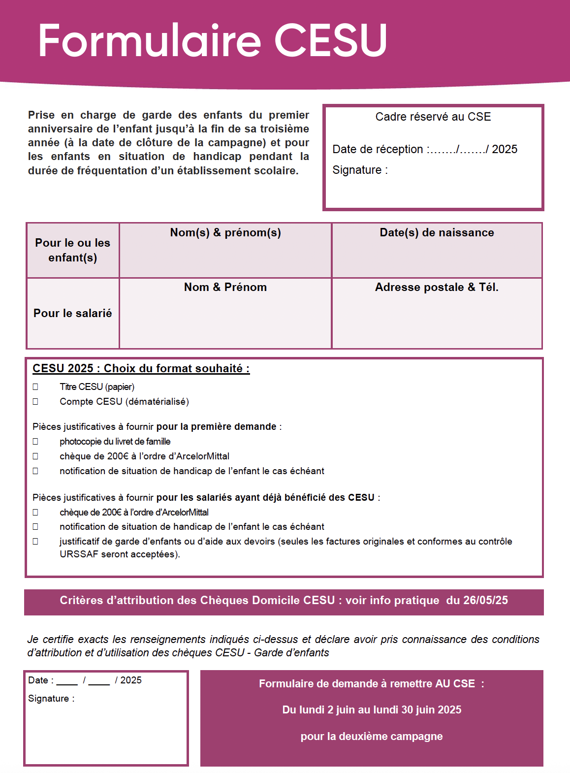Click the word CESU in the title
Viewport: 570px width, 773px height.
pyautogui.click(x=331, y=40)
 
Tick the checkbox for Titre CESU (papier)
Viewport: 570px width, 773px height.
pyautogui.click(x=35, y=387)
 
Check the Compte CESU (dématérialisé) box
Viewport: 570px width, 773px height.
pyautogui.click(x=35, y=402)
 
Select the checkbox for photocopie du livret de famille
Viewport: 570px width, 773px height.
pyautogui.click(x=35, y=442)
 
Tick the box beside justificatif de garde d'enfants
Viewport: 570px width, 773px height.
pyautogui.click(x=35, y=542)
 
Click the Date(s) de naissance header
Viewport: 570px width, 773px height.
pyautogui.click(x=437, y=233)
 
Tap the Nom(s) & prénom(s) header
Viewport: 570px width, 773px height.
pyautogui.click(x=225, y=233)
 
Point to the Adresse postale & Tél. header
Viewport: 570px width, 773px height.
pyautogui.click(x=437, y=288)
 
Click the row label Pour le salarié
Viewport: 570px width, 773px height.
pyautogui.click(x=73, y=313)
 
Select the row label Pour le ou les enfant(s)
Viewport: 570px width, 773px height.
pyautogui.click(x=73, y=250)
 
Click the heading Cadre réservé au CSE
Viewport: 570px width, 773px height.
pyautogui.click(x=433, y=117)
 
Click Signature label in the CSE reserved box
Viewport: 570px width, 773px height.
pyautogui.click(x=360, y=170)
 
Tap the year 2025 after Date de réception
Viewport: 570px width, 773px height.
pyautogui.click(x=505, y=149)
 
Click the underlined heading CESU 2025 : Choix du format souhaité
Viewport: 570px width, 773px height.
pyautogui.click(x=141, y=369)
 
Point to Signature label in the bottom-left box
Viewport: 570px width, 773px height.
pyautogui.click(x=51, y=699)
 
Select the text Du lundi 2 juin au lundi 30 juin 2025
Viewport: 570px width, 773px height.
pyautogui.click(x=372, y=710)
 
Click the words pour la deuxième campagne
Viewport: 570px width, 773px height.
pyautogui.click(x=372, y=737)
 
